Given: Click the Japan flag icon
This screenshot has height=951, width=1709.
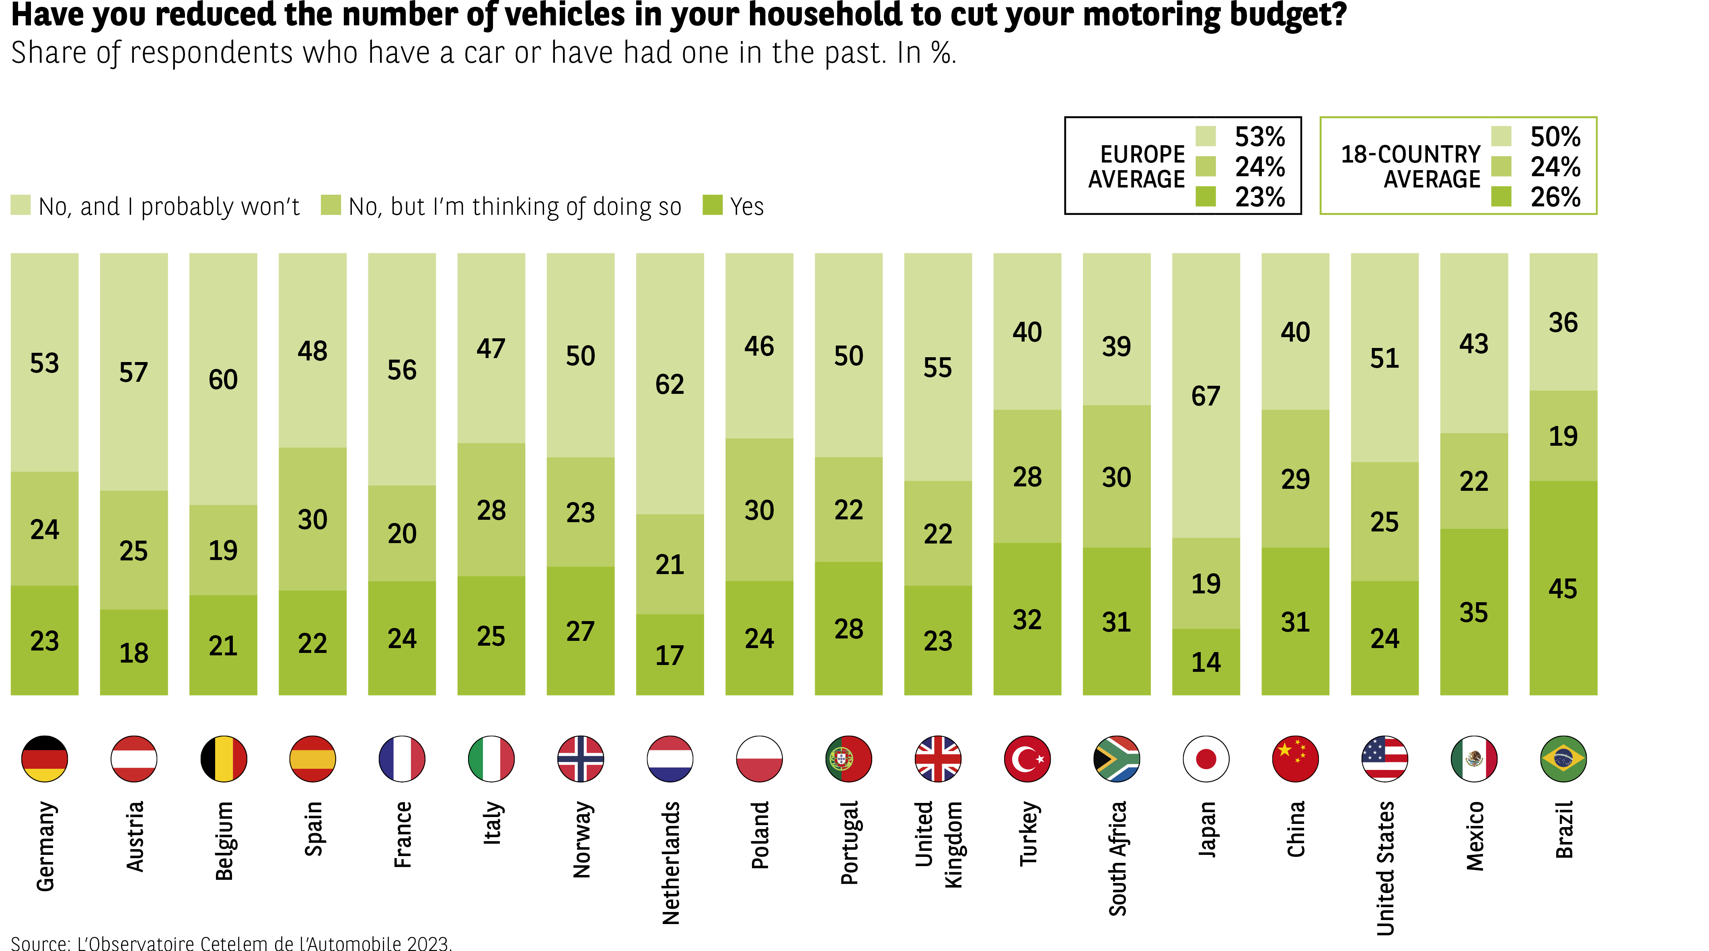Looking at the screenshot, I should pyautogui.click(x=1206, y=759).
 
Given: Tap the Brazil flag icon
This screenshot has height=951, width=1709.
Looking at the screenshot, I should pyautogui.click(x=1563, y=759).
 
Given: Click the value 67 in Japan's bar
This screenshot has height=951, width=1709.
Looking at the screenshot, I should pyautogui.click(x=1206, y=396).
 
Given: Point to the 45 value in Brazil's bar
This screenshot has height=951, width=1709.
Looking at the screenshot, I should pyautogui.click(x=1563, y=589).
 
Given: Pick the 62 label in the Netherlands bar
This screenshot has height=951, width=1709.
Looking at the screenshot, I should pyautogui.click(x=670, y=384).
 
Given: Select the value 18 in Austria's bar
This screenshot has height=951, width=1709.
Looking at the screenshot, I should pyautogui.click(x=134, y=653).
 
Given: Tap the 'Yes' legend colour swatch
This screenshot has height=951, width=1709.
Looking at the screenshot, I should pyautogui.click(x=712, y=205).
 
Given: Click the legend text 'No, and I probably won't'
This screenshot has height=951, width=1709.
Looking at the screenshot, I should pyautogui.click(x=169, y=206).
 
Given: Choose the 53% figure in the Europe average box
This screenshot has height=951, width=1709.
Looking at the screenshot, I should pyautogui.click(x=1259, y=137).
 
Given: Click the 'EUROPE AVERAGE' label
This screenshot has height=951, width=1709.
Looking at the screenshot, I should pyautogui.click(x=1136, y=167).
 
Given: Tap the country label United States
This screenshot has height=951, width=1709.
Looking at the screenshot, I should pyautogui.click(x=1385, y=868).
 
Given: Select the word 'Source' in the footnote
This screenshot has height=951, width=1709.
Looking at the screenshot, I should pyautogui.click(x=40, y=943).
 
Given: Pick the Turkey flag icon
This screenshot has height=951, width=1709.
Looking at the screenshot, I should pyautogui.click(x=1027, y=759).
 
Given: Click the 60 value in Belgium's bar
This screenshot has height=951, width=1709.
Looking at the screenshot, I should pyautogui.click(x=223, y=380).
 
